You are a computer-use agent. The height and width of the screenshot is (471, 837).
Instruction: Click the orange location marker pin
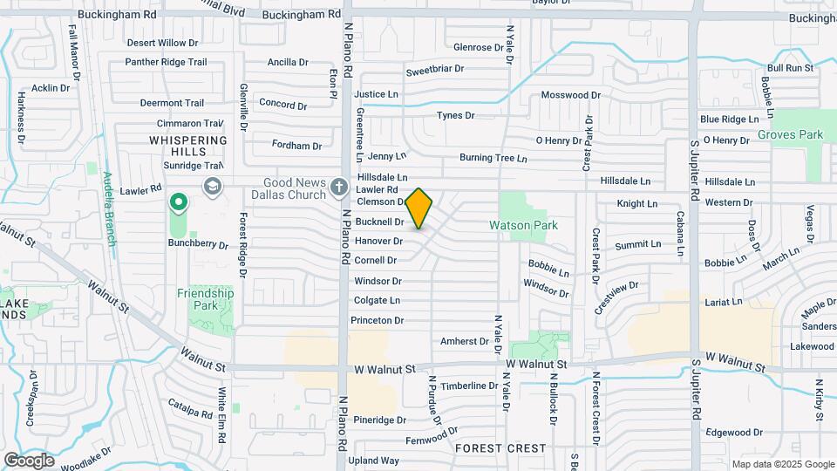419,208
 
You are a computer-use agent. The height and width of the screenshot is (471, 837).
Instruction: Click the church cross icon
339,187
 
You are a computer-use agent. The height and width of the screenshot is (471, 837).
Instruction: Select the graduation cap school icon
211,186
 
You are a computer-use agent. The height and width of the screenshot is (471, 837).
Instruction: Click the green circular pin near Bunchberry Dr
179,204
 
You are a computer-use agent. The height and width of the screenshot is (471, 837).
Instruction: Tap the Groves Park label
791,135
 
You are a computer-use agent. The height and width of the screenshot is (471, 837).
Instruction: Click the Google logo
30,460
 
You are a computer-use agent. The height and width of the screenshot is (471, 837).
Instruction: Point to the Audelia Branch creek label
109,209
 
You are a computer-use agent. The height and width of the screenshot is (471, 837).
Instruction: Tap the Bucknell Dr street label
379,222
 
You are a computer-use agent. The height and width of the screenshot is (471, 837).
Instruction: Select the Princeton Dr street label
377,321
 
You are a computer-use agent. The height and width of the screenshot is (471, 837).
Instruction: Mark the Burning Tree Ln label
493,159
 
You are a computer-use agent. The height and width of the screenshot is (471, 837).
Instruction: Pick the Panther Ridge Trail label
166,62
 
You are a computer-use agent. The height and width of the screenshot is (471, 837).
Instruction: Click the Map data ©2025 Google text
782,464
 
